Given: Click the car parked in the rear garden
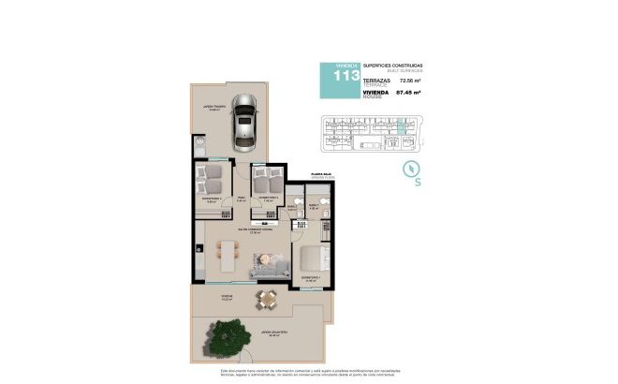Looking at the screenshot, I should [x=244, y=122].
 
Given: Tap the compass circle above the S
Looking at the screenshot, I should [x=409, y=169].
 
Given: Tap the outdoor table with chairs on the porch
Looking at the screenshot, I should [x=269, y=300].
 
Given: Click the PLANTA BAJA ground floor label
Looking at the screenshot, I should [x=309, y=174].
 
